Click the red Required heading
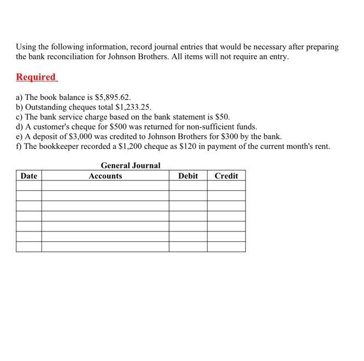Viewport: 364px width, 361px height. click(x=36, y=77)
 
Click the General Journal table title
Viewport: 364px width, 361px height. click(x=131, y=165)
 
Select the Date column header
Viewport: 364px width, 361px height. click(x=29, y=176)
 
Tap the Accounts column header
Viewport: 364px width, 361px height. click(x=105, y=176)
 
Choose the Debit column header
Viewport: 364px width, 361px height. click(x=188, y=176)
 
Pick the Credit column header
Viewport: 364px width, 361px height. click(x=226, y=176)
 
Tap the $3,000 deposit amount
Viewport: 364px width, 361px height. click(x=75, y=137)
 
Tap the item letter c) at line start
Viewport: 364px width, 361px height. click(x=20, y=117)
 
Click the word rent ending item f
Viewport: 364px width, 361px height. click(x=322, y=147)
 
